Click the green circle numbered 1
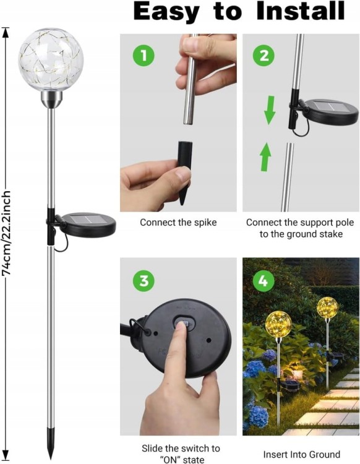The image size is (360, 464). (x=144, y=55)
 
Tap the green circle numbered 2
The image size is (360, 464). (x=264, y=55)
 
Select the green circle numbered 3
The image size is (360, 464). (x=144, y=280)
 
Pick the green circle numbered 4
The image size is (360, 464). (x=264, y=280)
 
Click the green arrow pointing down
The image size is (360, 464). (x=270, y=110)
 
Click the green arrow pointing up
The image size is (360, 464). (x=265, y=157)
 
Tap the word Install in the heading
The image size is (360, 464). (x=301, y=11)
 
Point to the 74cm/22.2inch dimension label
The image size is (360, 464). (x=7, y=233)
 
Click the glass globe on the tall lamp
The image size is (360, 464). (x=51, y=59)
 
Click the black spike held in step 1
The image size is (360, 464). (x=185, y=173)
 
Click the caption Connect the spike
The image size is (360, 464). (x=178, y=223)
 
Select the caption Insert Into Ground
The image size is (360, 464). (x=302, y=454)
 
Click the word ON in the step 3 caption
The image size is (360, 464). (x=171, y=460)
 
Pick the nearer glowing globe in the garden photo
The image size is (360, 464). (x=278, y=325)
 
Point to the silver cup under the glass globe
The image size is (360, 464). (x=51, y=99)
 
